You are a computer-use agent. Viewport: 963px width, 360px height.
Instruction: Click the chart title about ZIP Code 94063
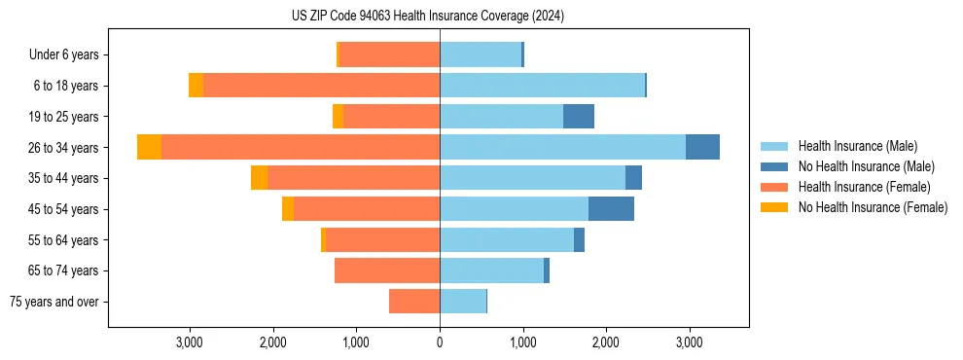pos(428,17)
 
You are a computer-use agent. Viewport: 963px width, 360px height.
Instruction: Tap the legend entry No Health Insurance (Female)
pos(873,207)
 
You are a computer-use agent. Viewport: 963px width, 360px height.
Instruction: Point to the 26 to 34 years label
pos(65,148)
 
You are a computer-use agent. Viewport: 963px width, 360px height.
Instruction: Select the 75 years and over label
pos(53,302)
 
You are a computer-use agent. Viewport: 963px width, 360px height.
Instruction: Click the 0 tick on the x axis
pos(440,342)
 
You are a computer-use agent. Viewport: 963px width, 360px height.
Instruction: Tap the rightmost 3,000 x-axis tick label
pos(689,342)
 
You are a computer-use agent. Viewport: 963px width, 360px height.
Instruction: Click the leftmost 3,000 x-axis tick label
pos(190,342)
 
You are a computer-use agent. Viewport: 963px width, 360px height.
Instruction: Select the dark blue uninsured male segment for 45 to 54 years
pos(611,209)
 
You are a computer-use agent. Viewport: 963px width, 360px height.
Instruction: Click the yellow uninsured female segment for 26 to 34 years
pos(149,147)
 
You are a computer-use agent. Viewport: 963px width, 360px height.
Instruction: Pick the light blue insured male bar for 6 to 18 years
pos(542,86)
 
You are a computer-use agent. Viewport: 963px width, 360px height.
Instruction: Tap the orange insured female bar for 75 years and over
pos(414,302)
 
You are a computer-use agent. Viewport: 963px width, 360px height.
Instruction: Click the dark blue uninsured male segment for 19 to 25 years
pos(578,117)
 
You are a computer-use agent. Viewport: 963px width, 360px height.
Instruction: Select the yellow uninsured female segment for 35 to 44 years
pos(259,178)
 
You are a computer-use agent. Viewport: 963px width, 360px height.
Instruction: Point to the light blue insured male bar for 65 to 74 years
pos(491,270)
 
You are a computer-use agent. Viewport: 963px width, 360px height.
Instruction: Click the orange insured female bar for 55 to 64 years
pos(382,240)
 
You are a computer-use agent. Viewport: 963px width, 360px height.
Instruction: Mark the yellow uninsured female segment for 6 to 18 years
pos(196,86)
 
